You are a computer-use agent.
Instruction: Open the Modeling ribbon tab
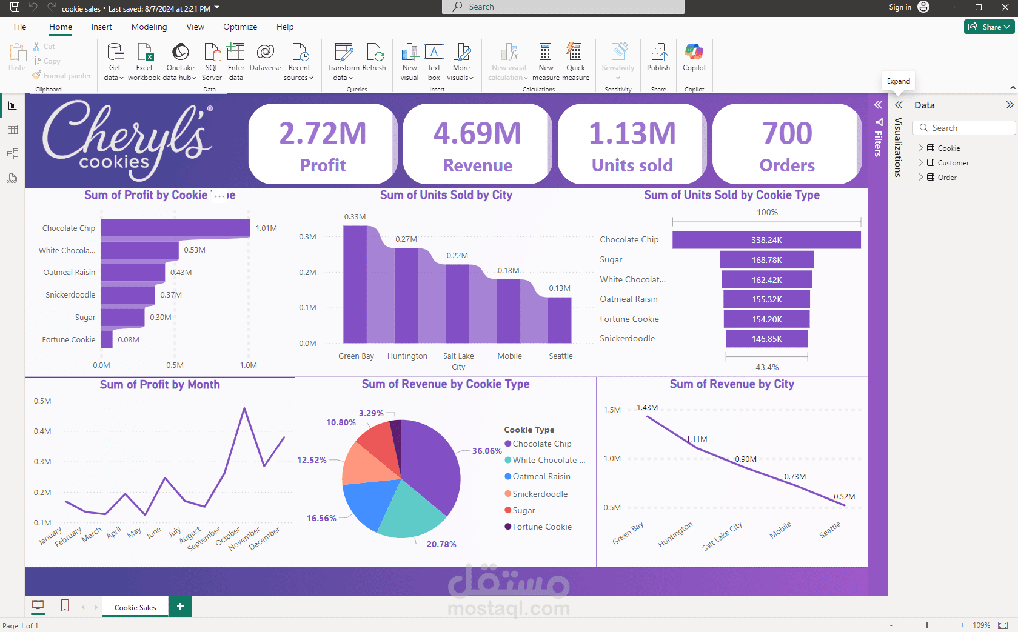pyautogui.click(x=149, y=27)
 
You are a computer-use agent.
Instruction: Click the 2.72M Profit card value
pyautogui.click(x=323, y=133)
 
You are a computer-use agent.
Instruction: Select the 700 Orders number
pyautogui.click(x=787, y=133)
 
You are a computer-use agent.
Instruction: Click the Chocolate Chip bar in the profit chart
pyautogui.click(x=175, y=228)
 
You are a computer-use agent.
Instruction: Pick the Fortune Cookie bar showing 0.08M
pyautogui.click(x=107, y=339)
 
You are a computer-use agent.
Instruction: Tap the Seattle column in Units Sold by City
pyautogui.click(x=560, y=320)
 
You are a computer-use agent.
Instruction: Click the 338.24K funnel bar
pyautogui.click(x=766, y=240)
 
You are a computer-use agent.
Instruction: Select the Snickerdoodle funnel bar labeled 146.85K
pyautogui.click(x=766, y=339)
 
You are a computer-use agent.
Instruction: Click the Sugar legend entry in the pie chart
pyautogui.click(x=520, y=510)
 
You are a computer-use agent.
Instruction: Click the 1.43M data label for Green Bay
pyautogui.click(x=647, y=408)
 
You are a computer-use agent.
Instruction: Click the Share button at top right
pyautogui.click(x=989, y=27)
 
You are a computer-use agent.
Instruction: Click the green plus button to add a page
pyautogui.click(x=181, y=607)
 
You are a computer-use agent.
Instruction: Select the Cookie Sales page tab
pyautogui.click(x=135, y=607)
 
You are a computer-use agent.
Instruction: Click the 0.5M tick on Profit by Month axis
pyautogui.click(x=42, y=401)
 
